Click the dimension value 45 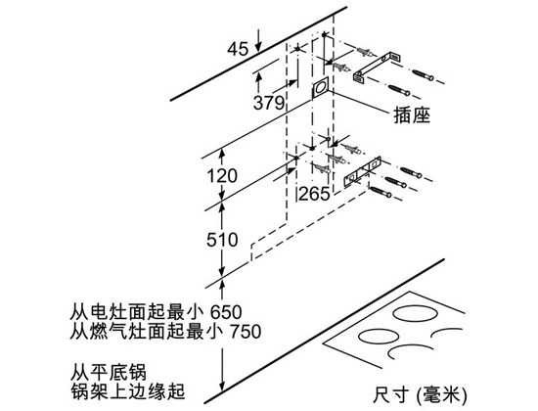point(238,49)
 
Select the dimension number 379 point(269,103)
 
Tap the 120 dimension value point(222,176)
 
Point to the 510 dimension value point(222,240)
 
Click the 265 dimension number point(314,194)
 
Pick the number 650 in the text point(226,312)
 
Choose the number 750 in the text point(246,332)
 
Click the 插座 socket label point(412,114)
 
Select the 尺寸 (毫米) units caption point(420,395)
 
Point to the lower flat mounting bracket point(363,171)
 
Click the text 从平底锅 point(109,372)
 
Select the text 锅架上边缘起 point(127,391)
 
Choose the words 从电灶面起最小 point(137,312)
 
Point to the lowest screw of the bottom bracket point(381,192)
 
